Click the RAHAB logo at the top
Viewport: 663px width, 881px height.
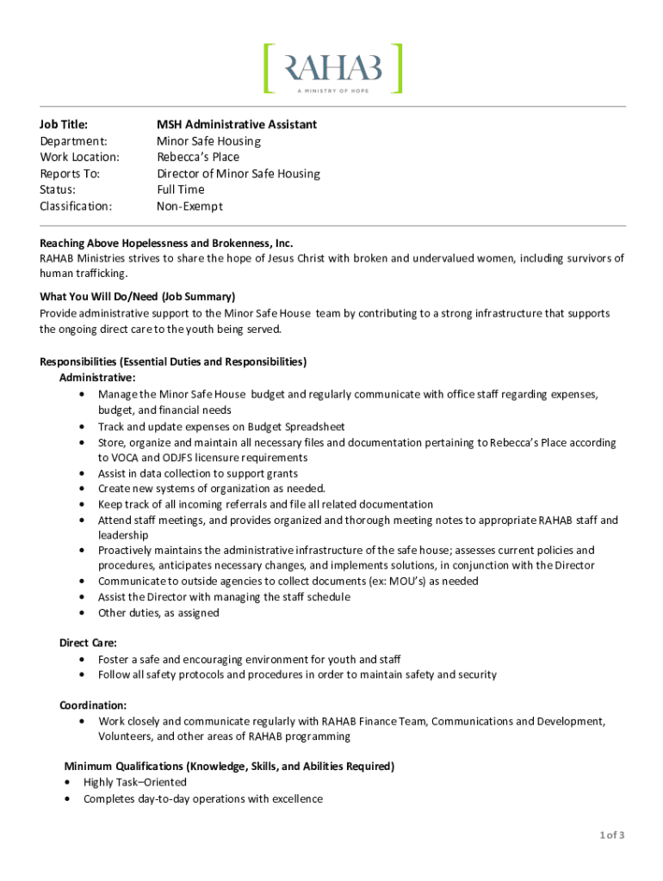point(332,67)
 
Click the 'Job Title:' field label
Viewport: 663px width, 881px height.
point(64,125)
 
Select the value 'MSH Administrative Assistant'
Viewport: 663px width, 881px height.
point(237,125)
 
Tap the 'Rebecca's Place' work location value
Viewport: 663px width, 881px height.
point(198,157)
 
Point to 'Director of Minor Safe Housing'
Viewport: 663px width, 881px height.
point(239,174)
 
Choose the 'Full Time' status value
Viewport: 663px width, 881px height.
point(181,190)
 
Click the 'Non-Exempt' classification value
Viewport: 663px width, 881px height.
point(189,206)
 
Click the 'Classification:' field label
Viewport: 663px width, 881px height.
point(76,206)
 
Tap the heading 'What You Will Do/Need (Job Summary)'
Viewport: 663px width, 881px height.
point(138,297)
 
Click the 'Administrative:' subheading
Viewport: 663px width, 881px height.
point(96,377)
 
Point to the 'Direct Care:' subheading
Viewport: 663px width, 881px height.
point(88,643)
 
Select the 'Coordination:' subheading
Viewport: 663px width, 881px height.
point(93,705)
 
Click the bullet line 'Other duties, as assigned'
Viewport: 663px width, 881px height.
point(158,613)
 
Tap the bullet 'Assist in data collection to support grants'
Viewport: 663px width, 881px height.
point(198,473)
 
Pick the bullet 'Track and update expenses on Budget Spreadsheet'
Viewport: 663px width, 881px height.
point(221,427)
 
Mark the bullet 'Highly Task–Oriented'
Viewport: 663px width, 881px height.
point(135,782)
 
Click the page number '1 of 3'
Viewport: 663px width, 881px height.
point(611,835)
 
